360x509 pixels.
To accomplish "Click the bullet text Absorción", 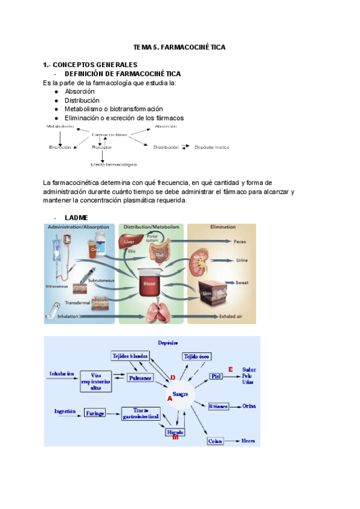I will tap(80, 91).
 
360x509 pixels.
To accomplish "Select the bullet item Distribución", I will tap(82, 100).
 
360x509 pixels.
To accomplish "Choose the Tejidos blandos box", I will tap(130, 356).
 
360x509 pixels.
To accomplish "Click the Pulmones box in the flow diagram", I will tap(140, 378).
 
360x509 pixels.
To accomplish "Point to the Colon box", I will tap(215, 441).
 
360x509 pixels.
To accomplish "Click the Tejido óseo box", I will tap(197, 356).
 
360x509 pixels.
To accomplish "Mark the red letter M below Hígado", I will tap(175, 437).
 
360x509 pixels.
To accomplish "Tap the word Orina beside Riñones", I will tap(250, 406).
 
